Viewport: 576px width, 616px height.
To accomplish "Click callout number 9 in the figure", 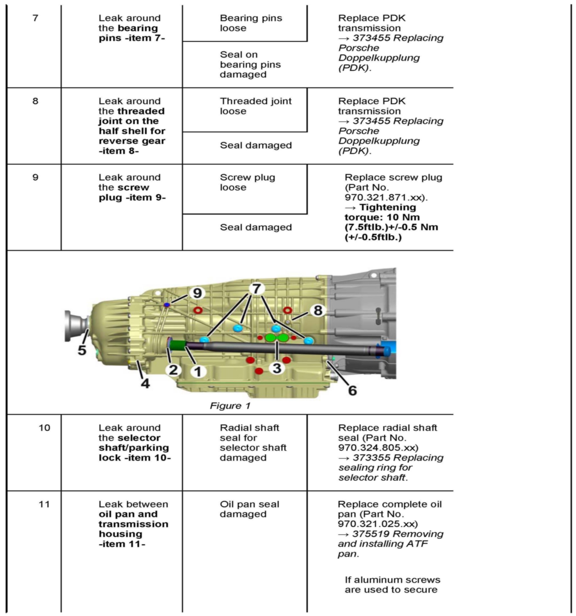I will click(x=197, y=293).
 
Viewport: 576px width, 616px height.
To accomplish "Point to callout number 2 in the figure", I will click(x=173, y=370).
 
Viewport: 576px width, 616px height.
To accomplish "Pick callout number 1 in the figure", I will click(x=198, y=371).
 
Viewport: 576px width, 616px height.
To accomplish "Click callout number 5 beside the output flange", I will click(x=82, y=350).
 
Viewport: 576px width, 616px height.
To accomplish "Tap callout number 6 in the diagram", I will click(x=352, y=390).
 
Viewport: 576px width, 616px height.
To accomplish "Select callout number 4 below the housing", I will click(x=145, y=384).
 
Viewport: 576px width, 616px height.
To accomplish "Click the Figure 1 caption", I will click(x=230, y=406).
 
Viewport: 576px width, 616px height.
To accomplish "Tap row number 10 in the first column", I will click(x=44, y=428).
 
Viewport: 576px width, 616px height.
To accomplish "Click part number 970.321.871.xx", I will click(x=386, y=197).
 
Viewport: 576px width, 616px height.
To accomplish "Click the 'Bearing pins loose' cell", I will click(x=251, y=23).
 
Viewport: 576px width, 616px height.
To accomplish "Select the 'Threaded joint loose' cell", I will click(x=255, y=106).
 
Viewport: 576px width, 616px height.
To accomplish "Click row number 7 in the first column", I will click(x=35, y=18).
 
